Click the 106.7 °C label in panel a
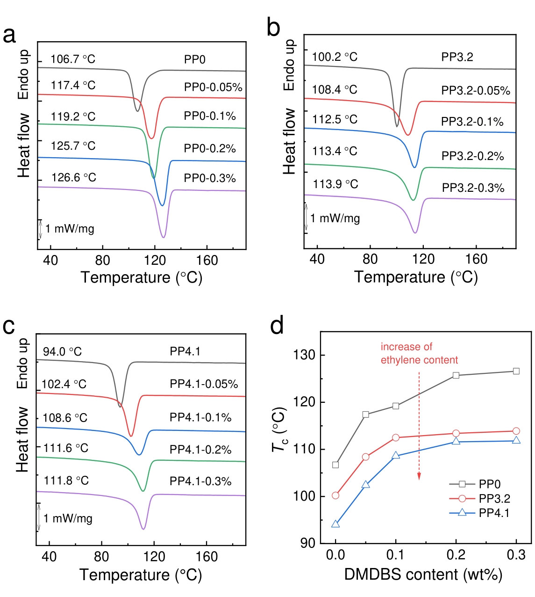coord(73,59)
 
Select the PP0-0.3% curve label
coord(210,178)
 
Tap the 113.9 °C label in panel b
coord(335,184)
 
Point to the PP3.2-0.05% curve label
coord(476,91)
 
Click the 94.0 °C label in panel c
coord(62,352)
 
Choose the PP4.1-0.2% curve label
coord(200,450)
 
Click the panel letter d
coord(277,325)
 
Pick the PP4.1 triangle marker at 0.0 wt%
coord(335,524)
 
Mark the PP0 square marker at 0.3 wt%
coord(516,371)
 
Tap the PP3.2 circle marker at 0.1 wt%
coord(396,437)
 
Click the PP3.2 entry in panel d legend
coord(494,499)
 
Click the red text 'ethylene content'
coord(419,360)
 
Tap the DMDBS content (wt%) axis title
coord(423,575)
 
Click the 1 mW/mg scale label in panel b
coord(335,218)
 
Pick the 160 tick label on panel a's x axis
coord(207,260)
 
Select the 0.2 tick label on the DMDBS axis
coord(456,555)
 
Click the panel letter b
coord(273,28)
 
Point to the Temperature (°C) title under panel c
coord(141,575)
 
